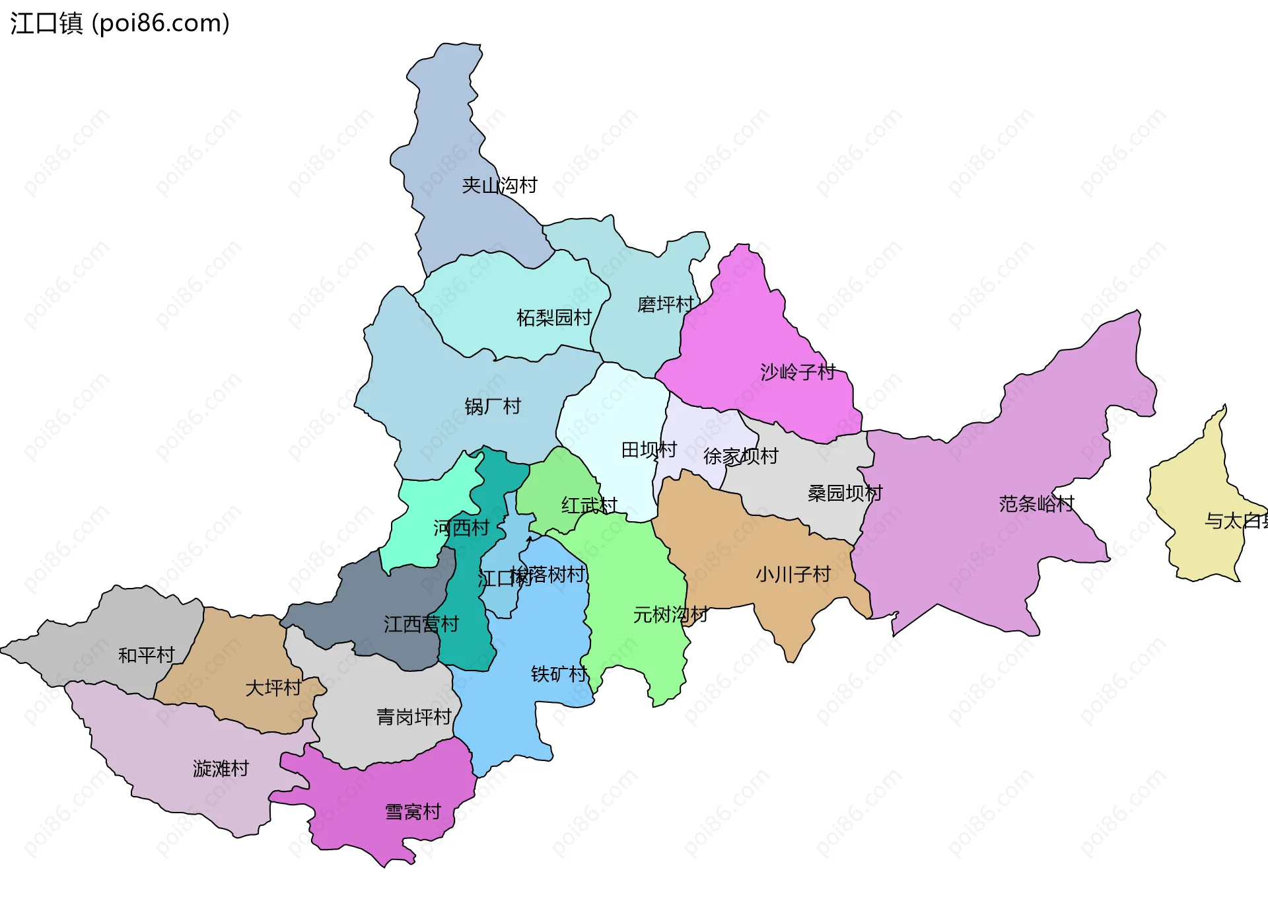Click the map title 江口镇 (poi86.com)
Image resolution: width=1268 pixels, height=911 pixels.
click(120, 23)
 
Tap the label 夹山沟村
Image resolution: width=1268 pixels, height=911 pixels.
click(499, 186)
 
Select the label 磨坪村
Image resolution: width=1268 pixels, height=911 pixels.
click(665, 305)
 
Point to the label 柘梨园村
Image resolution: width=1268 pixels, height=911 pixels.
click(553, 318)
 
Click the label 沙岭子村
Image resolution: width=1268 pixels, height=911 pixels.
click(798, 373)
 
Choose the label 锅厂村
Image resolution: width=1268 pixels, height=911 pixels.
click(493, 406)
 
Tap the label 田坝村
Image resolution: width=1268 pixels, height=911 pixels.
click(649, 451)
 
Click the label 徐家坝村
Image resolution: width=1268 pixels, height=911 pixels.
click(740, 456)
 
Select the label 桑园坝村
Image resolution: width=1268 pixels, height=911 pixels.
click(845, 493)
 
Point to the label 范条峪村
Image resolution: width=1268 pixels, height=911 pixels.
click(1036, 505)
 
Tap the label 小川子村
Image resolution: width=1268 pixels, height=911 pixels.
click(792, 575)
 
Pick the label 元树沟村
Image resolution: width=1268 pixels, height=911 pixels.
click(670, 615)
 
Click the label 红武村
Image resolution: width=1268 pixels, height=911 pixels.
click(589, 506)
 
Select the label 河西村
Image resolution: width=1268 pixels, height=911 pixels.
click(461, 528)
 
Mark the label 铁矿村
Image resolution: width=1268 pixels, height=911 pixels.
click(559, 674)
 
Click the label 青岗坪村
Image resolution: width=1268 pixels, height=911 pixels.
click(413, 717)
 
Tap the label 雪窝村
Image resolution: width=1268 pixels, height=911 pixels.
click(413, 813)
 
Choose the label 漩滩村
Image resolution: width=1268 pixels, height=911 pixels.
click(221, 769)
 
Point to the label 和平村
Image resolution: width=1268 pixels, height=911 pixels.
click(146, 655)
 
